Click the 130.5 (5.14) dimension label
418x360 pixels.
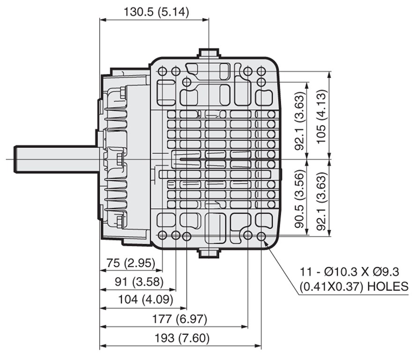[156, 12]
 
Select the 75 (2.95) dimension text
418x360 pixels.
[131, 263]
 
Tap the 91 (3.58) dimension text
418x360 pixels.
[139, 282]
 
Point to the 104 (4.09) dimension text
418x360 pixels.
[146, 300]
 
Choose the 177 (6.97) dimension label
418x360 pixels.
[179, 319]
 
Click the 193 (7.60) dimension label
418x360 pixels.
[182, 338]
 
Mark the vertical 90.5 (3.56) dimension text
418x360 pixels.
[299, 199]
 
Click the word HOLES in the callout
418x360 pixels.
[388, 286]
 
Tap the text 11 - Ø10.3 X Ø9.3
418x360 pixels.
[350, 272]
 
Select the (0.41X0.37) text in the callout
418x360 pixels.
[331, 287]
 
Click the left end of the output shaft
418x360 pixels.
[15, 159]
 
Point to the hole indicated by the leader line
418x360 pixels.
[261, 236]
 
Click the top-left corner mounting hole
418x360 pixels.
[162, 71]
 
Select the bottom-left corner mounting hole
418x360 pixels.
[162, 235]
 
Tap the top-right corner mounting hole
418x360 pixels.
[261, 71]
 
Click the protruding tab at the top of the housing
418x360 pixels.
[209, 52]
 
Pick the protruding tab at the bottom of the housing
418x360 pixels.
[209, 253]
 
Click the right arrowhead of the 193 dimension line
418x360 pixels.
[258, 346]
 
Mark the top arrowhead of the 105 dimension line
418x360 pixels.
[330, 75]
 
